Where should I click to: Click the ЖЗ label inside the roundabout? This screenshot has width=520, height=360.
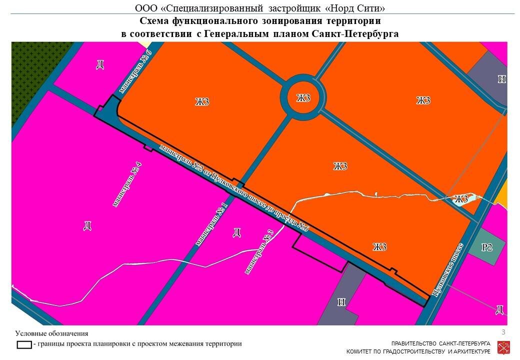(303, 98)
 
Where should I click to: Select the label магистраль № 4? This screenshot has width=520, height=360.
(125, 185)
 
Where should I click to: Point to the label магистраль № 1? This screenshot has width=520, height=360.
(211, 224)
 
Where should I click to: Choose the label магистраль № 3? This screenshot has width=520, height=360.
(259, 251)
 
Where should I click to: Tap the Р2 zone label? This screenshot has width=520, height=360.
(487, 247)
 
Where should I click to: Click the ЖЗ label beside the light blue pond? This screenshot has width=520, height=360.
(461, 199)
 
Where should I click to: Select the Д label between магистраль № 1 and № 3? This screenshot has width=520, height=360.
(237, 232)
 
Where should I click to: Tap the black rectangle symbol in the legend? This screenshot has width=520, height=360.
(24, 344)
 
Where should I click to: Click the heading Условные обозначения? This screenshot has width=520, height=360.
(51, 333)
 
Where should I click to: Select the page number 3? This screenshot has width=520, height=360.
(503, 332)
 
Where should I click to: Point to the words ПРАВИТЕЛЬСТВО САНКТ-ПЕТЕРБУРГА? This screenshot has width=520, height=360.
(440, 344)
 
